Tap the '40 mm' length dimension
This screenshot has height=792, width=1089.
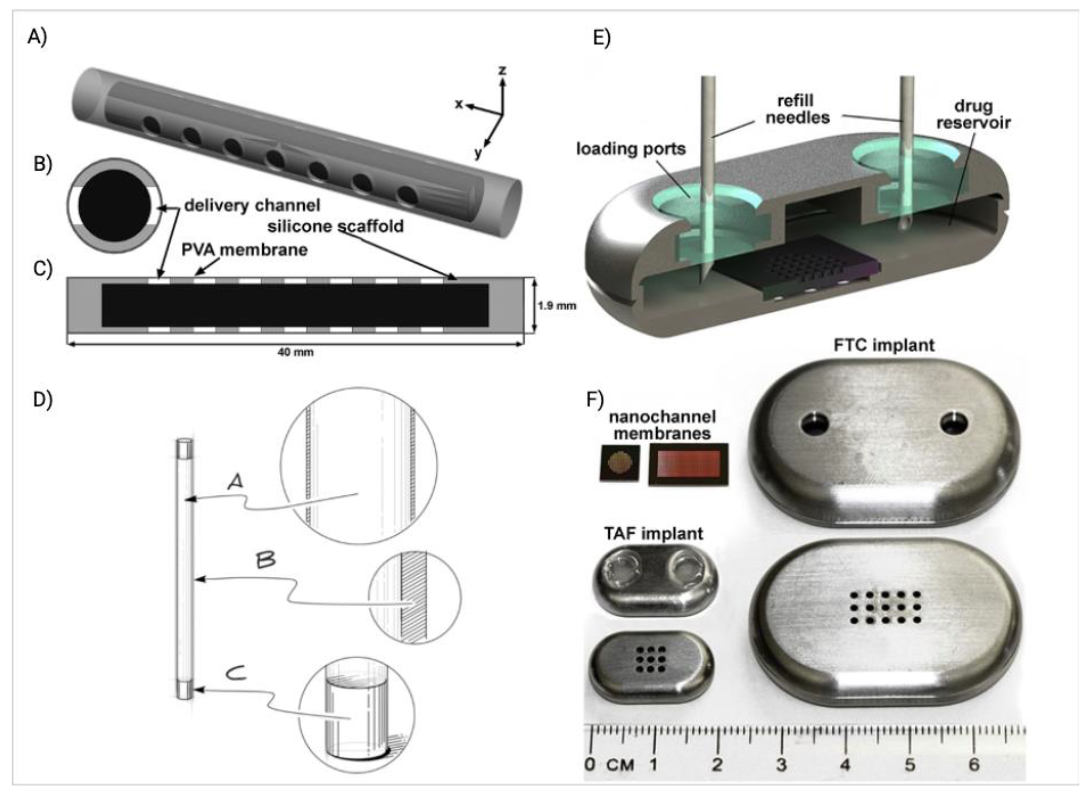pos(295,352)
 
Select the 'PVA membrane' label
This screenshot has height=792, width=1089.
pos(244,250)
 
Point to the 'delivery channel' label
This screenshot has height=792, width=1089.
pos(252,206)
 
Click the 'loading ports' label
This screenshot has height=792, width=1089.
pos(631,149)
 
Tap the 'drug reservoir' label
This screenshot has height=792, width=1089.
pos(973,114)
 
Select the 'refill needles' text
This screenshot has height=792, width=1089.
pos(797,109)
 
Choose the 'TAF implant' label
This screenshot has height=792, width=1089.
pos(653,534)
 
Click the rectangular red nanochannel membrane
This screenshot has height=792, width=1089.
pos(688,464)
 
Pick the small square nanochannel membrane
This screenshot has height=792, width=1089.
pos(619,463)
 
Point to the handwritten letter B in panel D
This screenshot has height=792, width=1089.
pos(265,560)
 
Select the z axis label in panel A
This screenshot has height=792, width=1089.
pos(502,71)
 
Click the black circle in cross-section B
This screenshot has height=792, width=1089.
pos(115,206)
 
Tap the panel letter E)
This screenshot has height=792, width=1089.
pos(602,38)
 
